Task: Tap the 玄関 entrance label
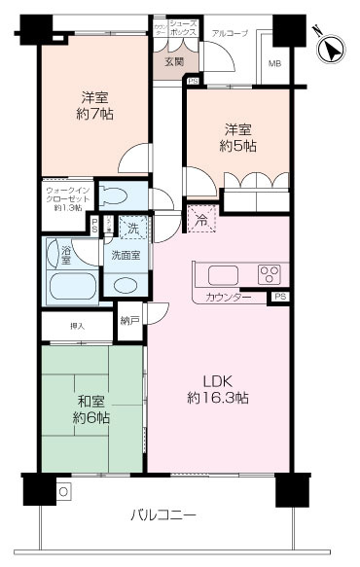[x=173, y=63]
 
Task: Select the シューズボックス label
[x=183, y=27]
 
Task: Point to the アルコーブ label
[x=231, y=33]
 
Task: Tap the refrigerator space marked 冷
[x=199, y=221]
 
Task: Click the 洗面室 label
[x=125, y=256]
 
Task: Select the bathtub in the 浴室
[x=71, y=288]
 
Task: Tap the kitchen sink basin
[x=215, y=273]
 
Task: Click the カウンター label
[x=230, y=296]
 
